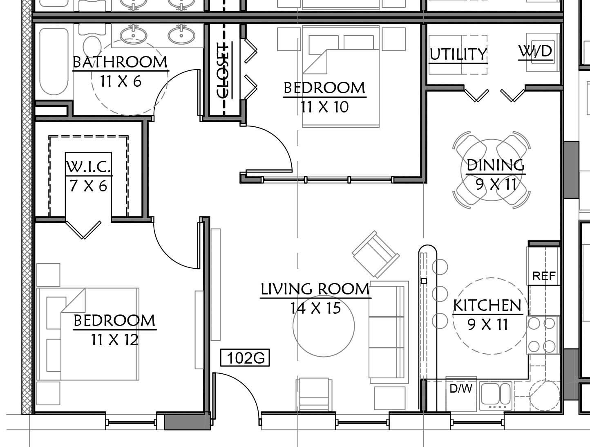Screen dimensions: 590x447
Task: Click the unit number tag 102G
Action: [245, 358]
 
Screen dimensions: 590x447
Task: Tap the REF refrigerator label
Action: [544, 276]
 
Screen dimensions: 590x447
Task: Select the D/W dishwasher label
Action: [461, 389]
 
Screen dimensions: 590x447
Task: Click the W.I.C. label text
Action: [88, 166]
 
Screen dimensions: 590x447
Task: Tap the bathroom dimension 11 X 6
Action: [121, 81]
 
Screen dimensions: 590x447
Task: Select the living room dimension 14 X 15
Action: [315, 308]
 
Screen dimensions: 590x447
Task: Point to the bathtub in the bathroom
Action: [54, 61]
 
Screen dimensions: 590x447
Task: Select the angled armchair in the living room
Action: [375, 254]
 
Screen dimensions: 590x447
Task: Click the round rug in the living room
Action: [324, 326]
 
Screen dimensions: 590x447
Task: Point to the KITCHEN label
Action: [487, 305]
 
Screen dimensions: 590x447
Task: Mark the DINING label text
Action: [496, 165]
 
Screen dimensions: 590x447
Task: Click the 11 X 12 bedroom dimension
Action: [115, 340]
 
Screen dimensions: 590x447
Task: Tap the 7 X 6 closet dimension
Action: [88, 186]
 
